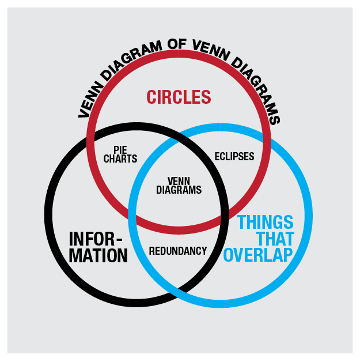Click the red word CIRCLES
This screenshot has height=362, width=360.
178,97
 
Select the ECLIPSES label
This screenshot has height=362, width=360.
234,156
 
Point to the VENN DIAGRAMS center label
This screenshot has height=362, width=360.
179,184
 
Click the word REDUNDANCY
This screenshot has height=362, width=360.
177,251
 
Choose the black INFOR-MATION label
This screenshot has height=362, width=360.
98,247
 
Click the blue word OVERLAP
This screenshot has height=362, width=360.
257,255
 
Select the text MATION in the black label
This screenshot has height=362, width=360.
98,255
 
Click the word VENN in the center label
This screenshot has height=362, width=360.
179,180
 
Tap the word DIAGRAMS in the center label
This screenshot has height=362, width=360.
179,189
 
